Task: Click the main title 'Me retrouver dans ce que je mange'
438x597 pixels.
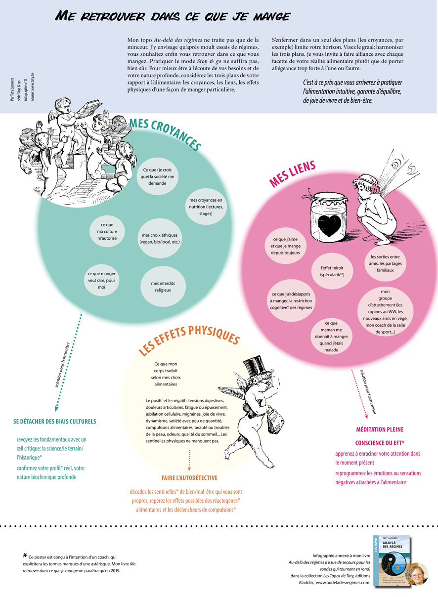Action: tap(173, 16)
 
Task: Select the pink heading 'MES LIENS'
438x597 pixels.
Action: tap(292, 173)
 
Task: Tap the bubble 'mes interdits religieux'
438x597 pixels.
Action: tap(161, 286)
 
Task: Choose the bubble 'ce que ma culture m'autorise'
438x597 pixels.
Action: tap(106, 230)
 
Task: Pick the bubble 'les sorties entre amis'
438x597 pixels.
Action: tap(389, 263)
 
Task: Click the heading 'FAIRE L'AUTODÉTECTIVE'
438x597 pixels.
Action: tap(189, 478)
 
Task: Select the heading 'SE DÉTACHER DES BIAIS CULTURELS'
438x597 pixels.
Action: tap(54, 422)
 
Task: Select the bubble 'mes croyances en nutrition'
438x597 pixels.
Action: tap(206, 207)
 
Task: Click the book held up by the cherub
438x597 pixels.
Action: tap(92, 108)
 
